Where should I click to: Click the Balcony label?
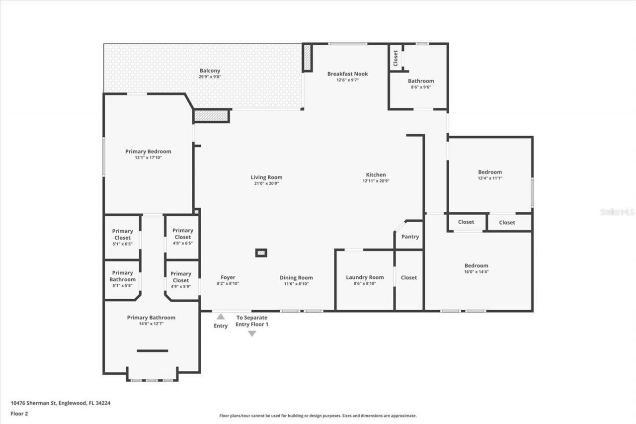210,71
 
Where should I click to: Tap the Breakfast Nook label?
347,74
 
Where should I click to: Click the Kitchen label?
376,174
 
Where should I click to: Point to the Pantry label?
410,237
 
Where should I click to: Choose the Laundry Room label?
365,277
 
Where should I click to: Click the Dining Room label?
296,278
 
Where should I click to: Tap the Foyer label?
228,277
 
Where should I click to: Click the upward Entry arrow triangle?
221,316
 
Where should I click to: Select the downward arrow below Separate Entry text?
252,334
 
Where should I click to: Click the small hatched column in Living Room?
261,253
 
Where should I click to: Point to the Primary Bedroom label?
148,152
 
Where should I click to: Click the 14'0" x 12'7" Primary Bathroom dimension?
151,324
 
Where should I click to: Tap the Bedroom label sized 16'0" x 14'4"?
476,265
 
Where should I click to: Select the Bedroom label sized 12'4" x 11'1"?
490,172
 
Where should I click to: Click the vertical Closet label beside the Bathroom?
396,58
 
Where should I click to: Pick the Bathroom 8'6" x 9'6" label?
421,81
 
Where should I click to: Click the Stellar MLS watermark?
617,212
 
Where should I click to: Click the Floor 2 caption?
19,413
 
